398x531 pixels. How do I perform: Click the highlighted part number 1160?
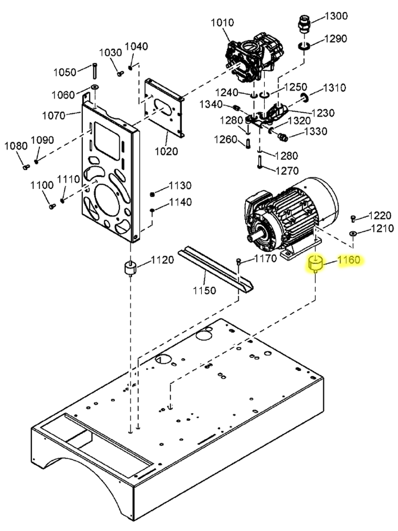click(349, 260)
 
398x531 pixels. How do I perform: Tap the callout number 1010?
click(222, 23)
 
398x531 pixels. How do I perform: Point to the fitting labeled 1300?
click(304, 25)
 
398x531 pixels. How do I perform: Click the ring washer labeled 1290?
click(304, 45)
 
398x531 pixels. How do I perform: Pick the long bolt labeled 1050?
click(94, 71)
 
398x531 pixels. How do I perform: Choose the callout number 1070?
click(53, 115)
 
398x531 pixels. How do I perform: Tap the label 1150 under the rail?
click(205, 290)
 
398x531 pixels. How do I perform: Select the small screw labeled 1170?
click(239, 261)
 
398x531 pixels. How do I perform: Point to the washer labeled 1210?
click(353, 233)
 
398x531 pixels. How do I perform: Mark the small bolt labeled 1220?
click(353, 218)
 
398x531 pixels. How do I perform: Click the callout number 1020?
click(166, 151)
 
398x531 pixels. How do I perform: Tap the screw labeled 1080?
click(26, 167)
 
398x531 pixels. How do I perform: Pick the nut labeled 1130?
click(152, 194)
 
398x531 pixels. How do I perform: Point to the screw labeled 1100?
click(52, 206)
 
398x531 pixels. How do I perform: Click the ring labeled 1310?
click(305, 97)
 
